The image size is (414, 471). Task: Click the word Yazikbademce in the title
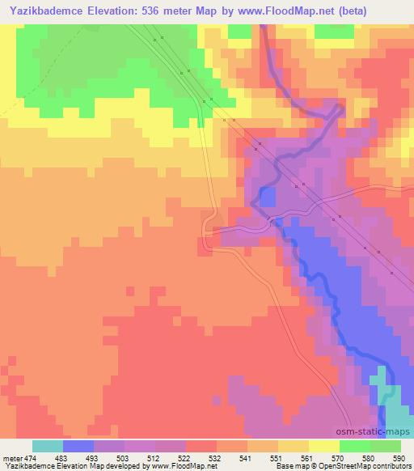(49, 10)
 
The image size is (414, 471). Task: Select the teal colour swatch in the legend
(48, 446)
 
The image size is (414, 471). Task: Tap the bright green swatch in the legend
(355, 446)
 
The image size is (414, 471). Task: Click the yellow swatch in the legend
(324, 446)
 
